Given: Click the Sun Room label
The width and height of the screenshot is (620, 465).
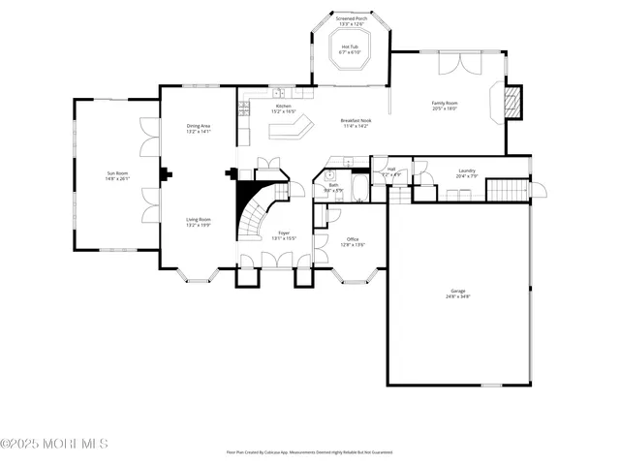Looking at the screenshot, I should tap(117, 175).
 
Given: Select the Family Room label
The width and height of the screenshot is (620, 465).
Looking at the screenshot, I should tap(445, 106).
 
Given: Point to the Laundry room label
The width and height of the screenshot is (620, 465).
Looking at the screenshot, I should tap(466, 173).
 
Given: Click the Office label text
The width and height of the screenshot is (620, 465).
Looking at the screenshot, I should tap(352, 242).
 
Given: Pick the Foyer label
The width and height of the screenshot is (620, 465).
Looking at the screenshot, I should tap(284, 235).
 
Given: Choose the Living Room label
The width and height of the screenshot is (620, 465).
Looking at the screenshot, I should tap(199, 222).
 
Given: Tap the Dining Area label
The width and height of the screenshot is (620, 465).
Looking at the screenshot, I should tap(199, 128).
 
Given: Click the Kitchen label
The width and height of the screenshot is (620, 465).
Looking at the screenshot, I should tap(283, 108).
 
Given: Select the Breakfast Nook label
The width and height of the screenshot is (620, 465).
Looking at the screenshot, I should tap(356, 123).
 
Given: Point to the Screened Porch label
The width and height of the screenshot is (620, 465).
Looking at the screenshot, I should tap(350, 21).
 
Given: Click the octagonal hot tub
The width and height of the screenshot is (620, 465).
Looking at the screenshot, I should tap(350, 56).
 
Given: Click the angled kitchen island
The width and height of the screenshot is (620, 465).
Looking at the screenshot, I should tap(293, 127).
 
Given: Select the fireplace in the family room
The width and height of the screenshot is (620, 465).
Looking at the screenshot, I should tap(513, 102).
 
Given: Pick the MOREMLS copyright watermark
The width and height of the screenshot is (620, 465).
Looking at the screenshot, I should tap(54, 444).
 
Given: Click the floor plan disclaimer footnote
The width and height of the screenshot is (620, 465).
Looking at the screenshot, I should tap(310, 451).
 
